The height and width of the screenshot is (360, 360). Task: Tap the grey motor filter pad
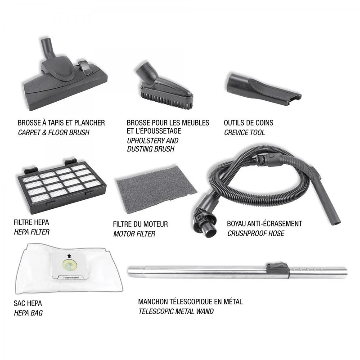point(156,188)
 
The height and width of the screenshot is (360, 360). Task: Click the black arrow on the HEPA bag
point(70,256)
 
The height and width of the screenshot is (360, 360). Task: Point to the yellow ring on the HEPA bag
point(70,266)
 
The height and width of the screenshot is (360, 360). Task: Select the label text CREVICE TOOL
point(244,132)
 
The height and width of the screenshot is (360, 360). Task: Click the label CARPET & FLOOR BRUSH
point(54,132)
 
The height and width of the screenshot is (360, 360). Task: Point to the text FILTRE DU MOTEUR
point(140,224)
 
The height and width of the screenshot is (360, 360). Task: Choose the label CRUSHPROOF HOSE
point(256,234)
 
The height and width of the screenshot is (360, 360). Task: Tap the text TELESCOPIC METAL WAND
point(176,311)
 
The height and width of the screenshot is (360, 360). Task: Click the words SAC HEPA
point(28,303)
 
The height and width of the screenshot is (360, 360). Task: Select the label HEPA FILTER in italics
point(31,232)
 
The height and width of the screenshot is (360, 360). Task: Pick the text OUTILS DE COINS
point(249,123)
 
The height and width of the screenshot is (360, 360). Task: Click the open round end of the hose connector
point(210,231)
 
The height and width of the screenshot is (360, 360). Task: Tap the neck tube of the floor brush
point(48,49)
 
